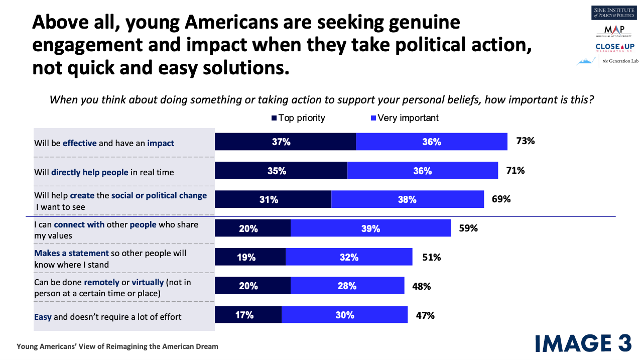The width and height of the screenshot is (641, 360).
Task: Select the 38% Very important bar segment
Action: pyautogui.click(x=408, y=199)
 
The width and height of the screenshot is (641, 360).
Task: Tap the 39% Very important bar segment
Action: pyautogui.click(x=370, y=228)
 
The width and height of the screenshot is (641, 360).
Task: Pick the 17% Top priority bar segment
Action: pyautogui.click(x=248, y=314)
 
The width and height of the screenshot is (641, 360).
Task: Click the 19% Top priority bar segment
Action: pyautogui.click(x=250, y=257)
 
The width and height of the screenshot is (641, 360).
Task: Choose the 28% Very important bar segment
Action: pyautogui.click(x=347, y=285)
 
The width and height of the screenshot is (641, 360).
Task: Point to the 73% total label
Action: pyautogui.click(x=526, y=141)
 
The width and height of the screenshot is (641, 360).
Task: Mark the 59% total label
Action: pyautogui.click(x=468, y=228)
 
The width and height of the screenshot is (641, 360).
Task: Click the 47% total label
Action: pyautogui.click(x=425, y=315)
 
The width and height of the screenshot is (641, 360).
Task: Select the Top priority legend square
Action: pyautogui.click(x=274, y=118)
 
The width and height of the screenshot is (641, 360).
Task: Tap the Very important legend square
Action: pyautogui.click(x=373, y=118)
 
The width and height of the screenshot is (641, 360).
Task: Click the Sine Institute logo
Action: pyautogui.click(x=613, y=13)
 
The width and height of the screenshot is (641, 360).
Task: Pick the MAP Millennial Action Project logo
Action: pyautogui.click(x=614, y=31)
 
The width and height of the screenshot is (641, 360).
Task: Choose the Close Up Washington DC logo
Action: pyautogui.click(x=615, y=48)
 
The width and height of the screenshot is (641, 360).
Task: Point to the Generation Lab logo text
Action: pyautogui.click(x=620, y=61)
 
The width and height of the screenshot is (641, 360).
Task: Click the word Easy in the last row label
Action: pyautogui.click(x=43, y=317)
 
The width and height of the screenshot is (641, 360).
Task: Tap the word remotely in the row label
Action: pyautogui.click(x=101, y=283)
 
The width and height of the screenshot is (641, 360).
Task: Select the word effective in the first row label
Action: pyautogui.click(x=79, y=143)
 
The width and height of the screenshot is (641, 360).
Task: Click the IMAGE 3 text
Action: pyautogui.click(x=583, y=343)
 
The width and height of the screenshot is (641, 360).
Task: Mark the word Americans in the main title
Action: pyautogui.click(x=231, y=22)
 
